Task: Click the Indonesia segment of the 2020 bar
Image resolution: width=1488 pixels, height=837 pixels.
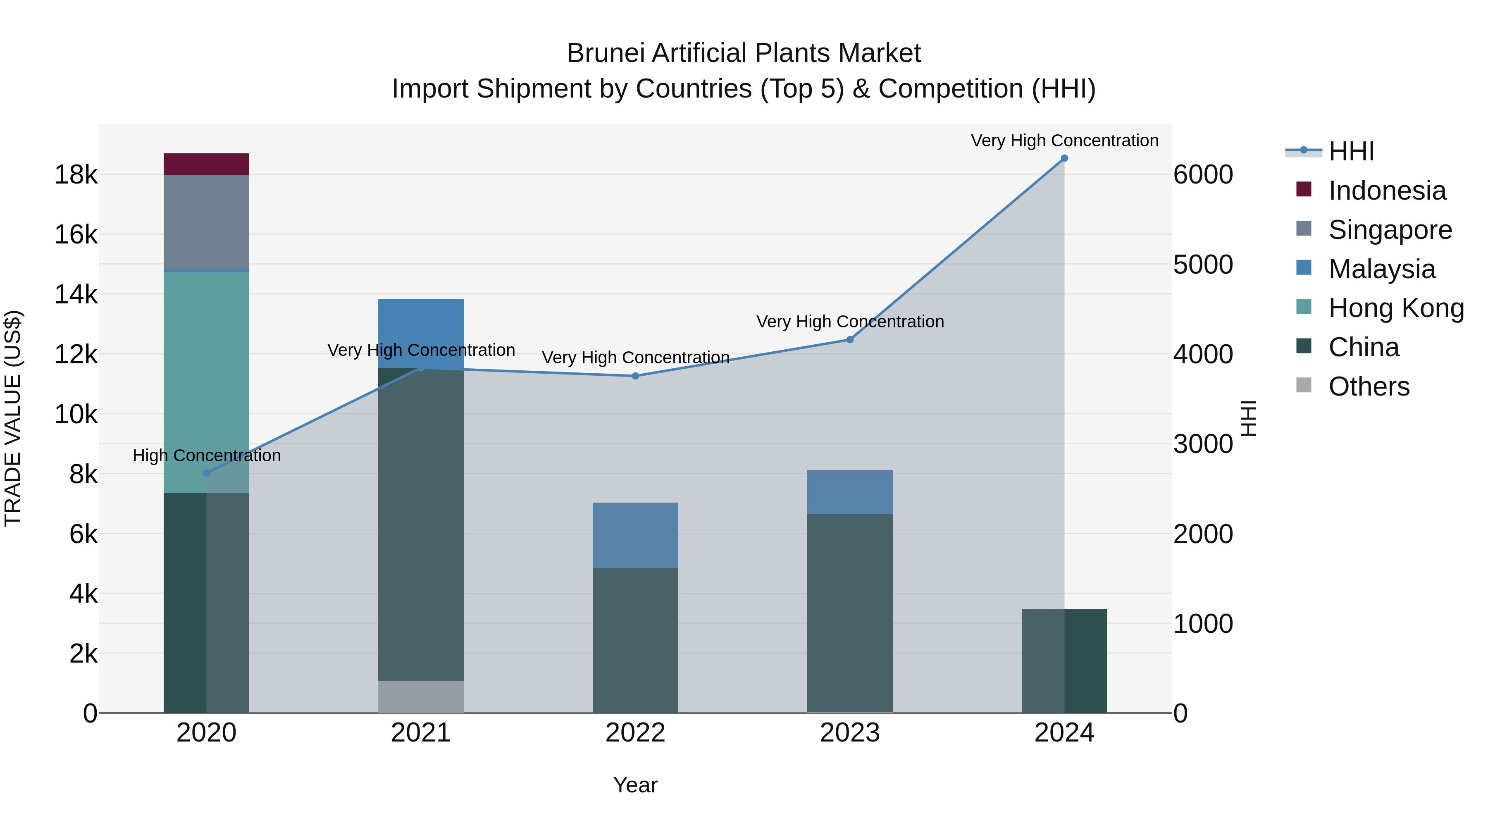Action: [x=206, y=164]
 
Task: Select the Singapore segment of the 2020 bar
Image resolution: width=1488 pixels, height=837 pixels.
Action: [x=206, y=222]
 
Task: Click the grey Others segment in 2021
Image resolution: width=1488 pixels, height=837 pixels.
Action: [x=420, y=696]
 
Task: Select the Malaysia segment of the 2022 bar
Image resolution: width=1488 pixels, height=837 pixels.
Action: [x=635, y=535]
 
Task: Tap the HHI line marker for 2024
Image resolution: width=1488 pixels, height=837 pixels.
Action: [x=1064, y=158]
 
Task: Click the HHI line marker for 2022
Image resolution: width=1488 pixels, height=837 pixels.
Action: [x=635, y=376]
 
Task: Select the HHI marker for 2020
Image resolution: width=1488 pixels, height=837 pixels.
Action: [x=206, y=473]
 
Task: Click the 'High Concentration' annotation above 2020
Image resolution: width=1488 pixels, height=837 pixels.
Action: [x=207, y=456]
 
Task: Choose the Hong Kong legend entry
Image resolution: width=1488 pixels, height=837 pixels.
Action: [x=1395, y=308]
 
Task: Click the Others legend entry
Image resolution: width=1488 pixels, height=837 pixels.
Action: [x=1369, y=386]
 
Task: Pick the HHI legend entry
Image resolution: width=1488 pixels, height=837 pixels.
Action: [x=1350, y=151]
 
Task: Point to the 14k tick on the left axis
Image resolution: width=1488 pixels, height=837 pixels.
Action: [x=76, y=295]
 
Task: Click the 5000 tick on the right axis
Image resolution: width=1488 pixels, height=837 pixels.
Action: [x=1203, y=265]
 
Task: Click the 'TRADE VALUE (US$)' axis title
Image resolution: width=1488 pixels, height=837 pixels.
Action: [x=13, y=418]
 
